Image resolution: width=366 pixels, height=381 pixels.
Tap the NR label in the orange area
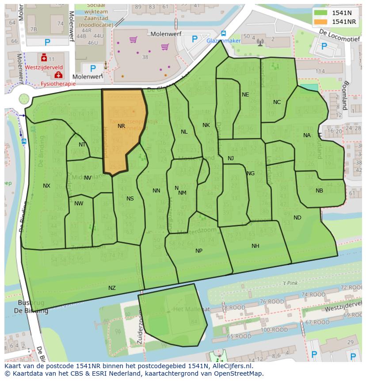[122, 126]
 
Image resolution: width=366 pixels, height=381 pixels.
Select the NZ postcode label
[112, 288]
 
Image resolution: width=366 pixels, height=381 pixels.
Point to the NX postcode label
[46, 186]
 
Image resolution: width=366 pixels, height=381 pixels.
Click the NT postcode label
[82, 145]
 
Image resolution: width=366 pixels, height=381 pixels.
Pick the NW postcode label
[79, 204]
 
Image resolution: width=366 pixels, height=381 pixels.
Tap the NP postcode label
[199, 251]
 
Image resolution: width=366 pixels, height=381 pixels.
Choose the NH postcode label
[255, 246]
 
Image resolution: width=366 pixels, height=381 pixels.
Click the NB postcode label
[319, 191]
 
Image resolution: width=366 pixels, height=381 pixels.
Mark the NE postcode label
[245, 95]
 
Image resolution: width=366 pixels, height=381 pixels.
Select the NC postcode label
[277, 102]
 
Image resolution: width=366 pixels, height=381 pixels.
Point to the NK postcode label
[206, 125]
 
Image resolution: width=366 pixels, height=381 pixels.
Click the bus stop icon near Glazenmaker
[223, 33]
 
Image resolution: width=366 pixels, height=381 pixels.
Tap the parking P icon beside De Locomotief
[324, 46]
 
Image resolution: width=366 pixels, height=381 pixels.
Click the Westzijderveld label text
[44, 68]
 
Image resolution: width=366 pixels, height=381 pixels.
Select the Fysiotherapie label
[54, 83]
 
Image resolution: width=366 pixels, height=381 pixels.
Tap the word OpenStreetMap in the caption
[239, 373]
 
